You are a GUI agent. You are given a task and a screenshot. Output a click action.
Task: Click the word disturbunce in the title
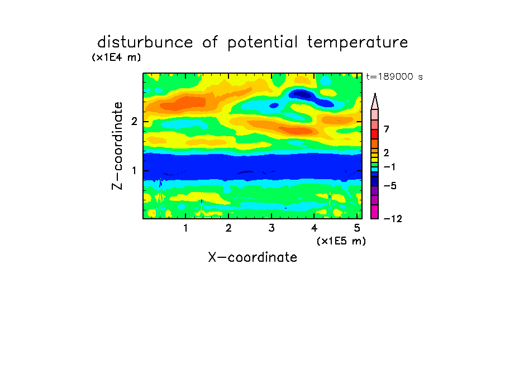pos(145,42)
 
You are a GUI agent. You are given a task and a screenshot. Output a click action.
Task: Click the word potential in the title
pos(263,43)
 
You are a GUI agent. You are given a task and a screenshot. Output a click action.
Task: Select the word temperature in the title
pos(358,43)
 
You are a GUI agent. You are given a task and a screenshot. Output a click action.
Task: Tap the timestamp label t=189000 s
pos(394,76)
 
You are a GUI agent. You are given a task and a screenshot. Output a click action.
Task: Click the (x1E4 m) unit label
pos(116,57)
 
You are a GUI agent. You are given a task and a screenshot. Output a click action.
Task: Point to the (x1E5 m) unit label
pos(341,241)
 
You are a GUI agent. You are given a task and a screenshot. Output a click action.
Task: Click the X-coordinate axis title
pos(253,257)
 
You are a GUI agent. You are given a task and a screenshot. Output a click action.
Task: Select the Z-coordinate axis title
pos(117,146)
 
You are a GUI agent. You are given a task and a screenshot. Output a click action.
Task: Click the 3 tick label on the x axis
pos(271,228)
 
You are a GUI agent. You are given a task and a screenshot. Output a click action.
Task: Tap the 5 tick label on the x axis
pos(357,228)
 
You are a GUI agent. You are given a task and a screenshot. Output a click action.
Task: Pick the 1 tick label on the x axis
pos(185,228)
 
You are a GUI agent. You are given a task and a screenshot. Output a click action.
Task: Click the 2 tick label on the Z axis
pos(134,122)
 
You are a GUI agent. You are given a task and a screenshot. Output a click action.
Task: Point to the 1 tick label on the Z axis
pos(134,171)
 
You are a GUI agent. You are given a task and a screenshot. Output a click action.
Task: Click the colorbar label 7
pos(387,129)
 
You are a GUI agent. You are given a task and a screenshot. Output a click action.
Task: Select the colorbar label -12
pos(393,219)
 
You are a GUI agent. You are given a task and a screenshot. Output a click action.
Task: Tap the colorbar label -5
pos(390,186)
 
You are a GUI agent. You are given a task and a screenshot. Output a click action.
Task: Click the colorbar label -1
pos(389,167)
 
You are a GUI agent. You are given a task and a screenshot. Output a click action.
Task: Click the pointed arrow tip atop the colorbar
pos(375,94)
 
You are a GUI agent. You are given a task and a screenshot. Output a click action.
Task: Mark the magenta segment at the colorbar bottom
pos(375,212)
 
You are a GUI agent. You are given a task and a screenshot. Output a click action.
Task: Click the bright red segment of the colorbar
pos(375,134)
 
